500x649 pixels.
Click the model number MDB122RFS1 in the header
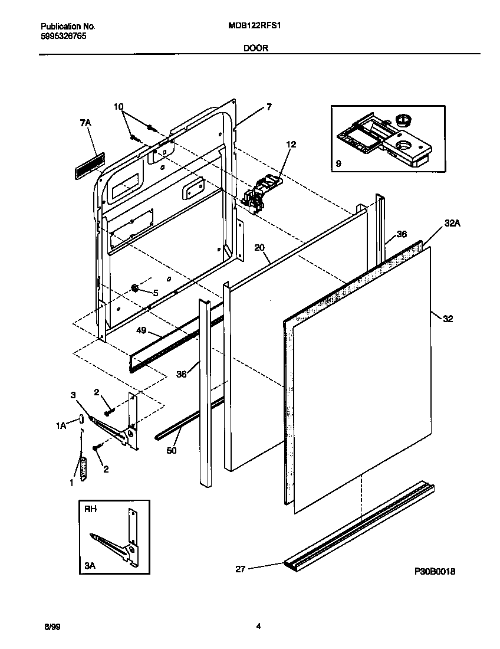coord(258,27)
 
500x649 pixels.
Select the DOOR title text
coord(256,48)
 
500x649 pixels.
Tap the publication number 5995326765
coord(63,37)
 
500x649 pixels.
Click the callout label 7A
coord(85,122)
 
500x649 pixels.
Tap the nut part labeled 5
coord(135,289)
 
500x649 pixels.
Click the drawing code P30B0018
coord(435,572)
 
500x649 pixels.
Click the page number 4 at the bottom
coord(258,627)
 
